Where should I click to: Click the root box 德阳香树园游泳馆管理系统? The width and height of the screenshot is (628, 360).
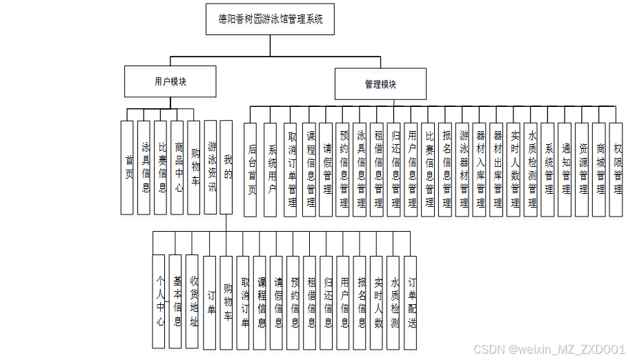[271, 19]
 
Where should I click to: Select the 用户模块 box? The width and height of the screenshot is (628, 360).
[170, 81]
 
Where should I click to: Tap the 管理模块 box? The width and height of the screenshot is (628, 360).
[380, 84]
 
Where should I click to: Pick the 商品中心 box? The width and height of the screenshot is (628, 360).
[178, 168]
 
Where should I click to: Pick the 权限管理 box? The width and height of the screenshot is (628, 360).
[617, 168]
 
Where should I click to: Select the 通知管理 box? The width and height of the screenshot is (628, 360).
[566, 168]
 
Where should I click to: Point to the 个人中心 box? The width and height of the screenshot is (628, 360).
[159, 301]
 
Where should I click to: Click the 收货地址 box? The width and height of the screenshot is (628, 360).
[193, 301]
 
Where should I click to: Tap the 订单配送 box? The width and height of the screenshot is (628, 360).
[411, 302]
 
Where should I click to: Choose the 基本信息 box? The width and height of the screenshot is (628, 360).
[177, 301]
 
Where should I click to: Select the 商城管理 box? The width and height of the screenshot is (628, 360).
[600, 168]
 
